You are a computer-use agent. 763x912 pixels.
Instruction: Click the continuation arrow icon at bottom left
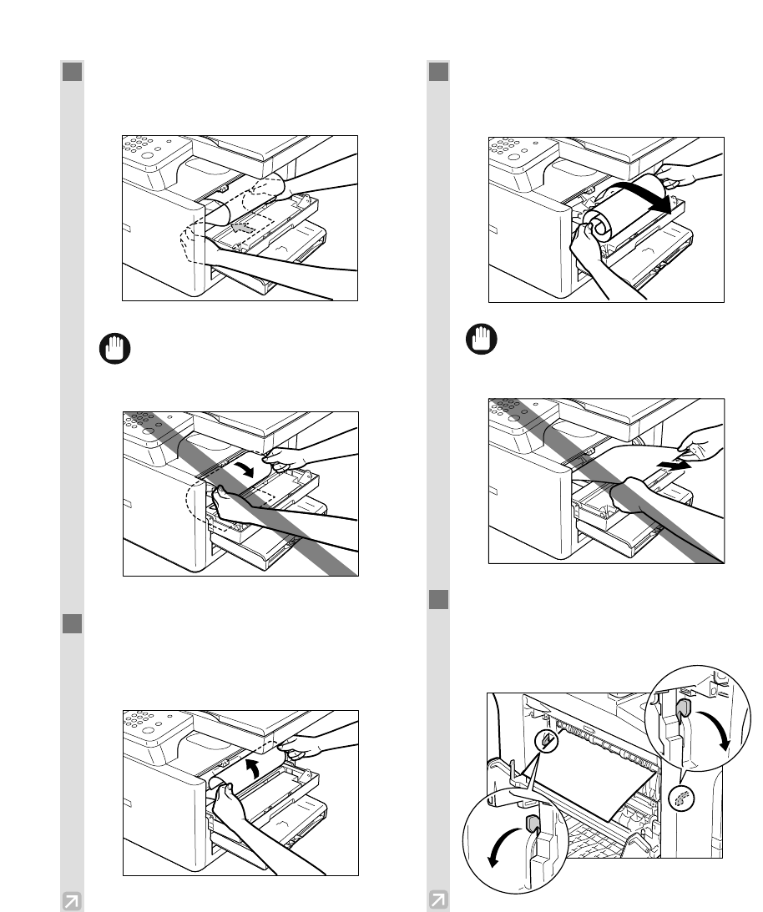tap(72, 900)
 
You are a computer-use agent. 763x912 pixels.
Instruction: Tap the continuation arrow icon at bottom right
tap(437, 900)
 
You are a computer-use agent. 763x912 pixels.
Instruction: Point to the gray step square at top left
tap(72, 72)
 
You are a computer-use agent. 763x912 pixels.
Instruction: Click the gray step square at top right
tap(438, 72)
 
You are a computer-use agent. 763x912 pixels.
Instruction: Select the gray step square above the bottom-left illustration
tap(72, 623)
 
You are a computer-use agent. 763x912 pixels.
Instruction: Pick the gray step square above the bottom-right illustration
tap(438, 600)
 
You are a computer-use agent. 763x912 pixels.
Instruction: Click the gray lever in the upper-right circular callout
tap(682, 710)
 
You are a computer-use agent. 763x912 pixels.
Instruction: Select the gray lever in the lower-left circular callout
tap(530, 824)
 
